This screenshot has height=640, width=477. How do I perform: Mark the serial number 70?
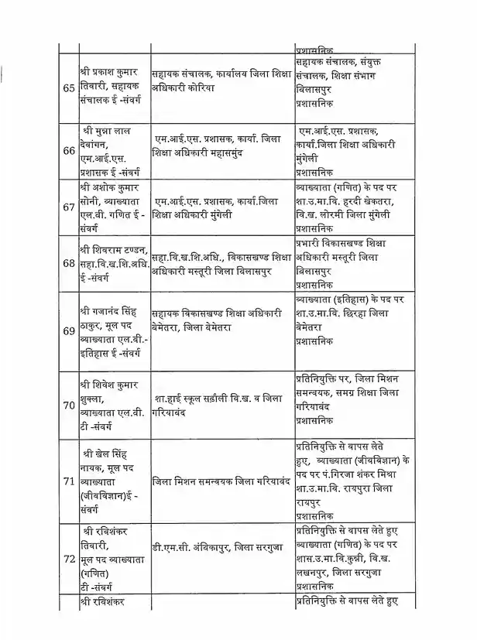point(67,403)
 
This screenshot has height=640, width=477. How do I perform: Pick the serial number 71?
point(67,481)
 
